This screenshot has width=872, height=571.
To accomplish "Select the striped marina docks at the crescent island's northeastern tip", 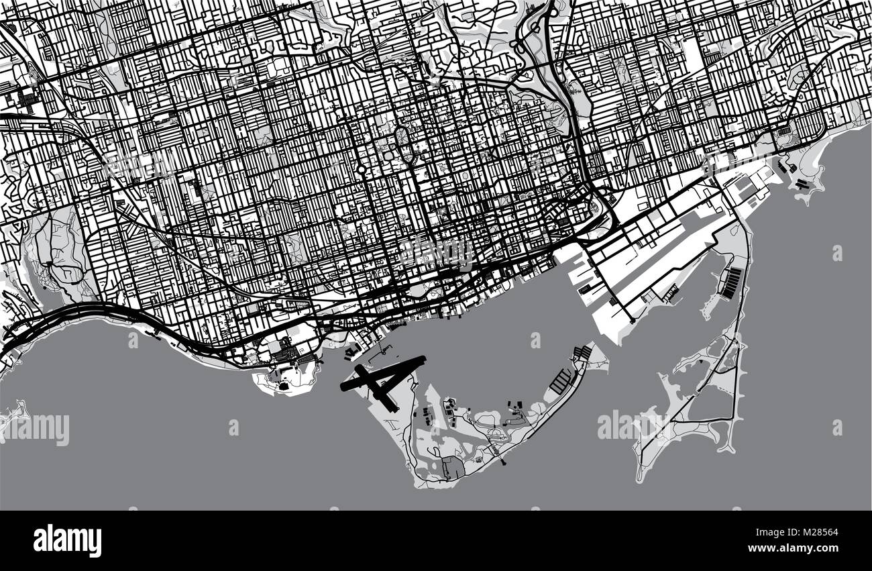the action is pos(584,353).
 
